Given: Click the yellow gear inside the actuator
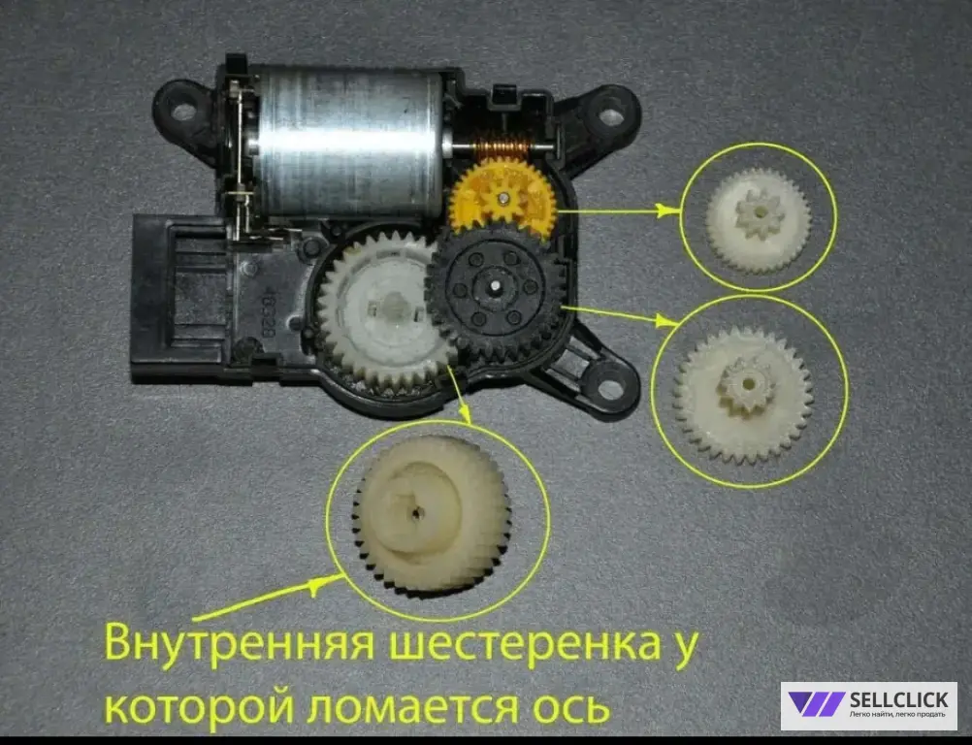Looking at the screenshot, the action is click(502, 198).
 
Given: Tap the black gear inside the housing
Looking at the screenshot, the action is click(496, 287).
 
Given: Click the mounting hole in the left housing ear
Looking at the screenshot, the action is click(181, 113).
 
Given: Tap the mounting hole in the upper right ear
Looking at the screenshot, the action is click(610, 116).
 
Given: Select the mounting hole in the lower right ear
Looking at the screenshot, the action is click(610, 389).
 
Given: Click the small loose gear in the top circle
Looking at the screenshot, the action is click(759, 220).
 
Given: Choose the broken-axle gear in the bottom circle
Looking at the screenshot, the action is click(432, 513).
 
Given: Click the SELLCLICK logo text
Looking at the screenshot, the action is click(899, 699).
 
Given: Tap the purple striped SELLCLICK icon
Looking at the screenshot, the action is click(816, 704).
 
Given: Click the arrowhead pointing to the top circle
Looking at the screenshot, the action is click(669, 211).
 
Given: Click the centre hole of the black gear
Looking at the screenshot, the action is click(496, 286).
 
